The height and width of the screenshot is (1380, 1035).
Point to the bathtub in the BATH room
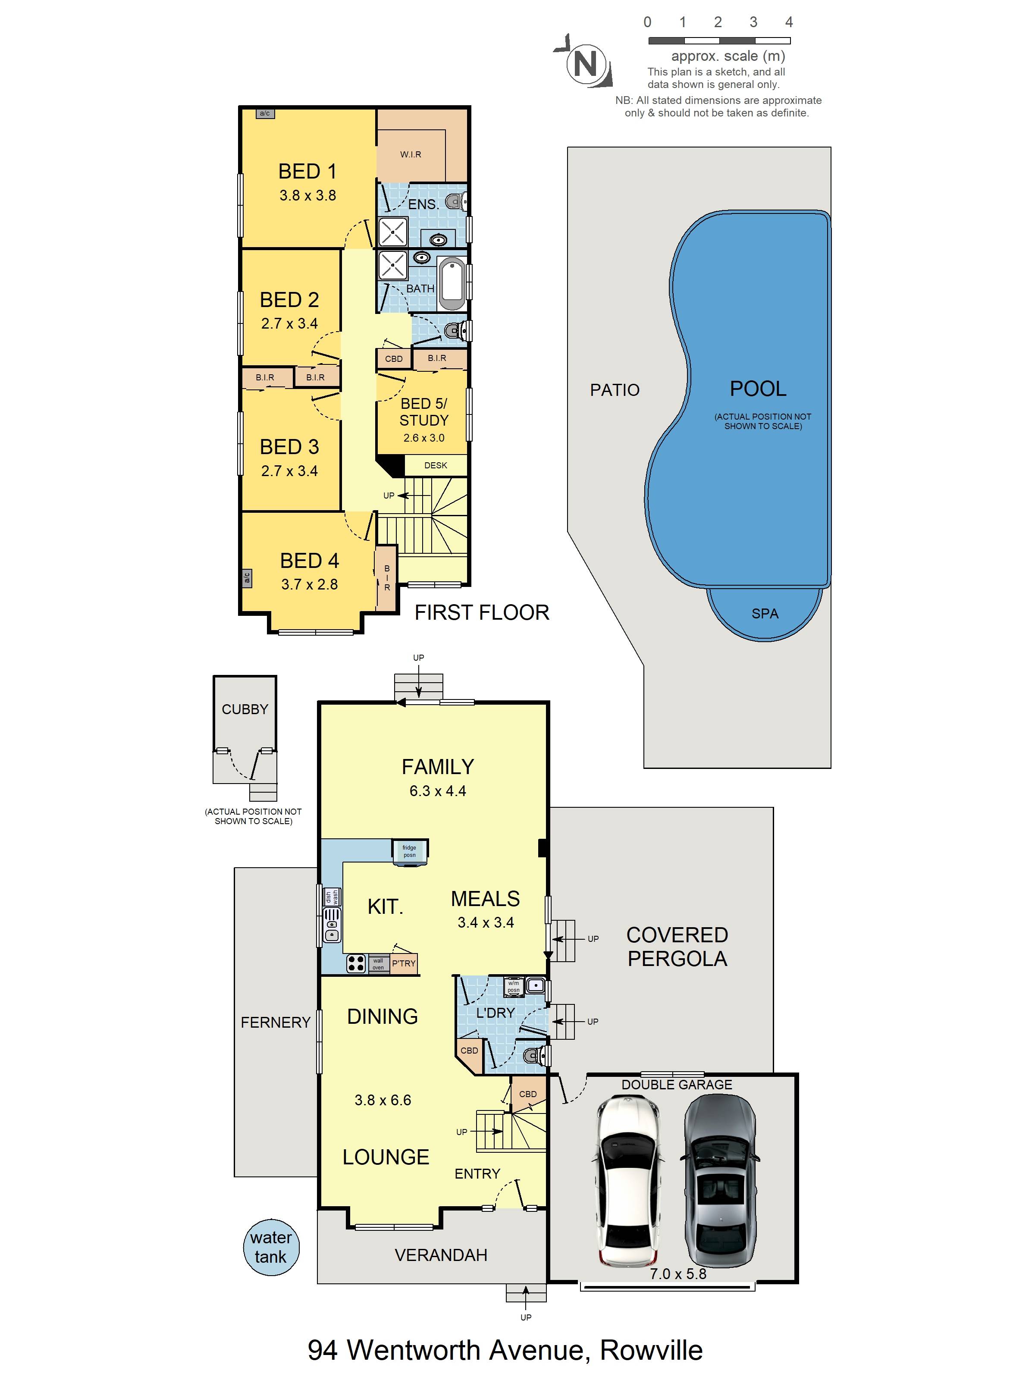452,283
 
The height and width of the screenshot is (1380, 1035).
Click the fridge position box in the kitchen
409,851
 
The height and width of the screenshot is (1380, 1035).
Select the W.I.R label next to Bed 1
411,154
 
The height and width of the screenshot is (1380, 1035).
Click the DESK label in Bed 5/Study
436,465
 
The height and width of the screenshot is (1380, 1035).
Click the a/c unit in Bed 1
264,113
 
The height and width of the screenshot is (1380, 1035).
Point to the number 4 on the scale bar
789,22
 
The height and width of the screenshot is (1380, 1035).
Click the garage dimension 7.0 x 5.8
678,1274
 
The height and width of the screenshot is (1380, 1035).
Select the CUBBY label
245,709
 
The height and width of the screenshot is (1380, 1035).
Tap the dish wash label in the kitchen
331,897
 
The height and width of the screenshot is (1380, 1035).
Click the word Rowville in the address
651,1351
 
